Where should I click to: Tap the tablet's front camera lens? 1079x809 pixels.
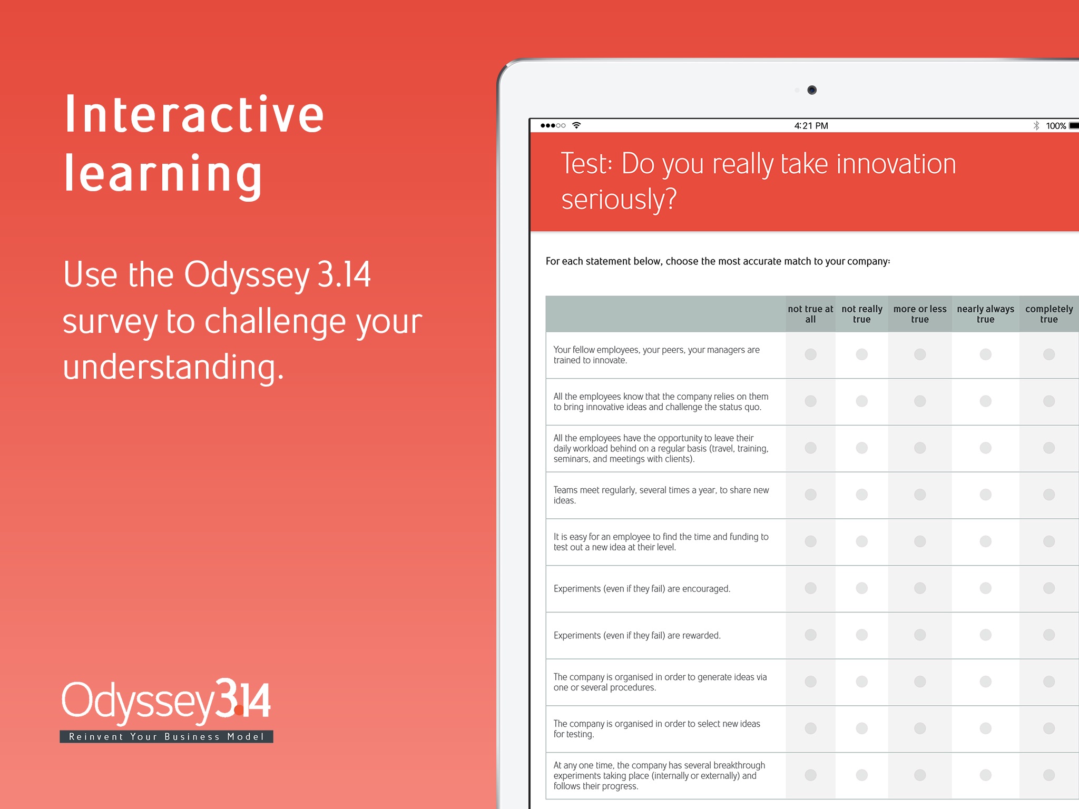pos(812,90)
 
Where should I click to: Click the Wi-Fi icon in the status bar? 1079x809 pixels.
pos(576,125)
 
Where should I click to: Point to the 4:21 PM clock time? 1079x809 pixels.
pos(811,126)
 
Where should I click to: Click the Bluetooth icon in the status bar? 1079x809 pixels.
pos(1036,126)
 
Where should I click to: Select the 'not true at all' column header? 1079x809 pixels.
pos(810,314)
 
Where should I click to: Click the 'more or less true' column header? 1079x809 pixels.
pos(920,314)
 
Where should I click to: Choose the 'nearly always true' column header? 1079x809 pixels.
pos(985,314)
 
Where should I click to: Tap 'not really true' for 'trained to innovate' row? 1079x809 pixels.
pos(862,354)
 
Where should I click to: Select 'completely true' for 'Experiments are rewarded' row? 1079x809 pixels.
pos(1049,635)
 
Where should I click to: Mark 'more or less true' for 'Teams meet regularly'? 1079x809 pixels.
pos(920,495)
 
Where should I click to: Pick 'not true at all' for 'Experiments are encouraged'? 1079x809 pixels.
pos(811,588)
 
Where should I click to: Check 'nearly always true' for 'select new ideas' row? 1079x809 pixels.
pos(985,728)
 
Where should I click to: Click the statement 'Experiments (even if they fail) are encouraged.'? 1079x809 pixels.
pos(642,589)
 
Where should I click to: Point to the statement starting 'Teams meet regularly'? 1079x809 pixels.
pos(661,495)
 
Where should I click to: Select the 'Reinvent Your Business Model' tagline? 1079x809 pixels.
pos(166,736)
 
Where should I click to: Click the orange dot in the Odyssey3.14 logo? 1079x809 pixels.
pos(239,712)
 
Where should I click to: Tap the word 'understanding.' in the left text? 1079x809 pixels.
pos(173,367)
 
